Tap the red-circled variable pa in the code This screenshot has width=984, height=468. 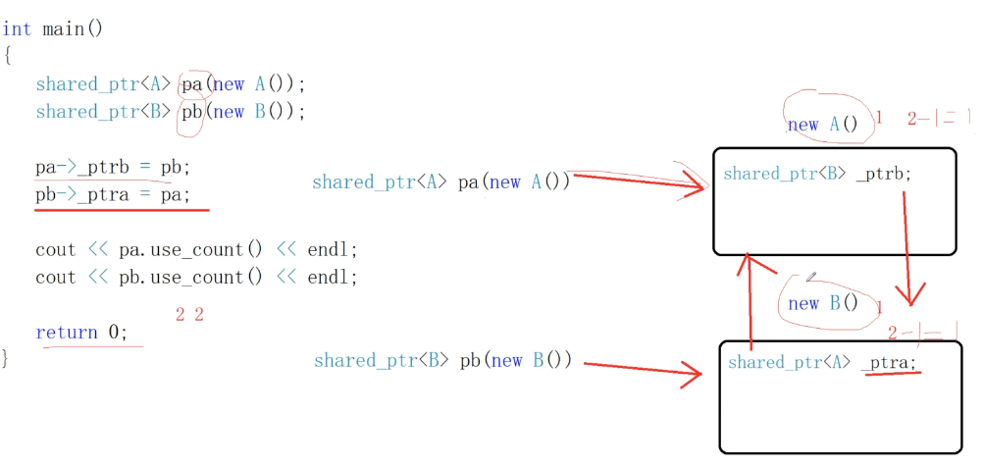pyautogui.click(x=193, y=84)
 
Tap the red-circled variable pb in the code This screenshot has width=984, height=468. pyautogui.click(x=192, y=112)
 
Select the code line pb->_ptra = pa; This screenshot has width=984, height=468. pyautogui.click(x=113, y=195)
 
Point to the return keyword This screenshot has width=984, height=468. pyautogui.click(x=67, y=333)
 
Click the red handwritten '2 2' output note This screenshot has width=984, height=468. pyautogui.click(x=189, y=315)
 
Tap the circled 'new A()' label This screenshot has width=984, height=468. pyautogui.click(x=822, y=124)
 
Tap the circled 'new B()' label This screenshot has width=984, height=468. pyautogui.click(x=822, y=303)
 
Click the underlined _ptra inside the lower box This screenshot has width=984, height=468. pyautogui.click(x=891, y=363)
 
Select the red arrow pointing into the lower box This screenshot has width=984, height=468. pyautogui.click(x=643, y=367)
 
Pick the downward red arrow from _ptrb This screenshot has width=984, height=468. pyautogui.click(x=909, y=245)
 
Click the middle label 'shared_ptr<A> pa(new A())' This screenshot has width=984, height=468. pyautogui.click(x=440, y=182)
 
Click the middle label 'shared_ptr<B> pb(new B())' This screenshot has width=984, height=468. pyautogui.click(x=442, y=361)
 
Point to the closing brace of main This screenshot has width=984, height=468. pyautogui.click(x=6, y=357)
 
